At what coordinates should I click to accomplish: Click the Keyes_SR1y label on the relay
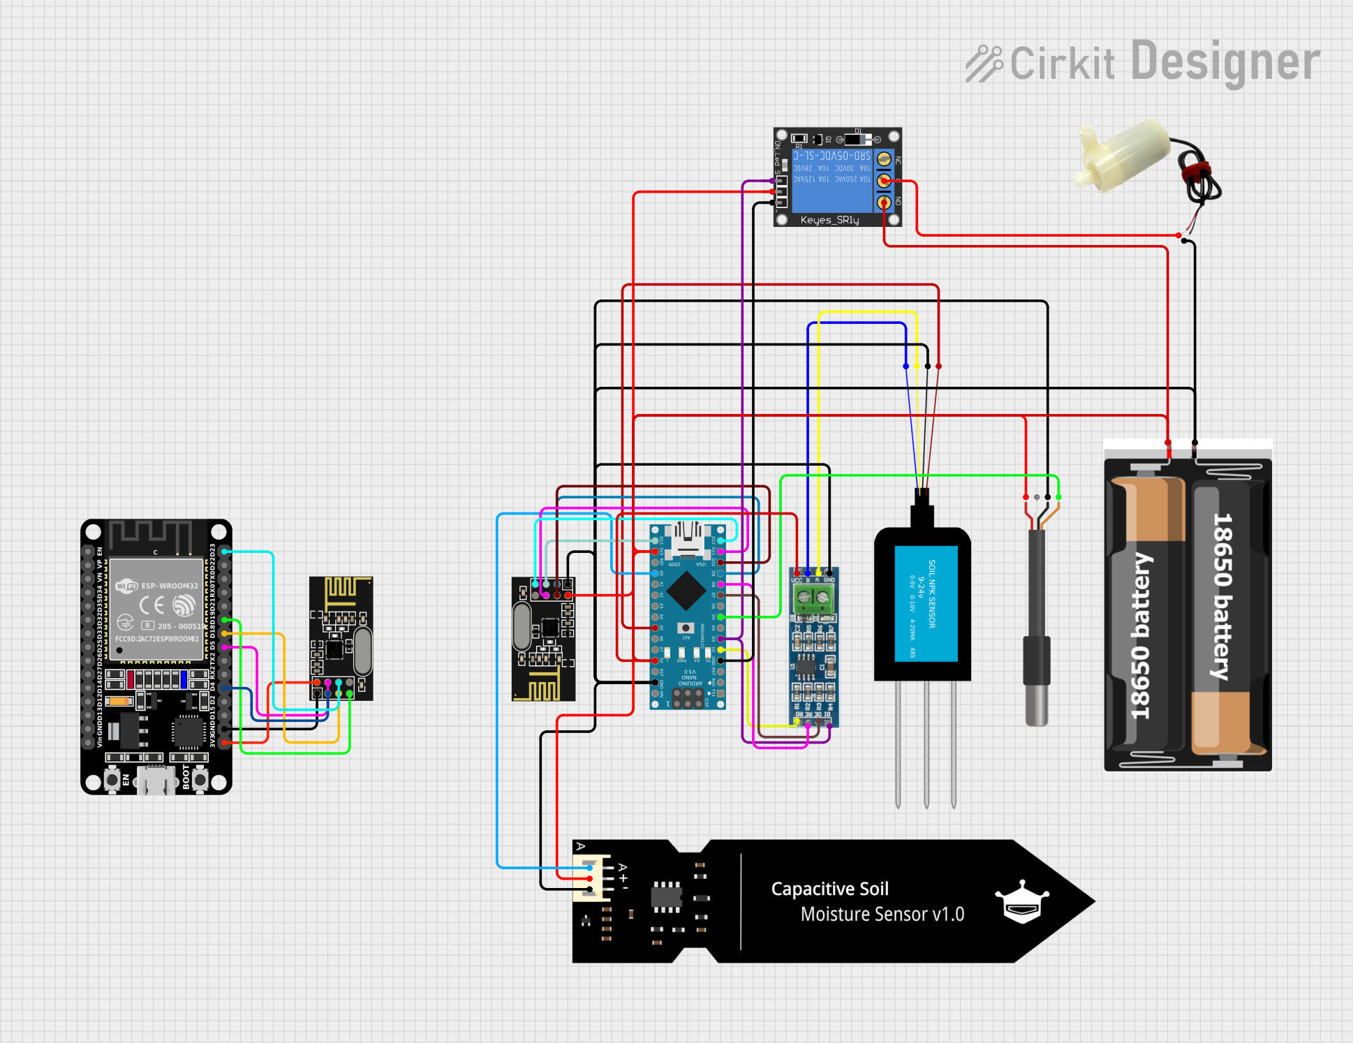(829, 220)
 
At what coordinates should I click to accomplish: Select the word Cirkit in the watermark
(1062, 64)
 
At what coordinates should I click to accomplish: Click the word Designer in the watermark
(1225, 62)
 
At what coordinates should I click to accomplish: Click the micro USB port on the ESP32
(156, 780)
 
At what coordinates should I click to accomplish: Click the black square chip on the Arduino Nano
(687, 591)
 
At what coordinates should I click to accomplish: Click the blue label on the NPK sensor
(926, 604)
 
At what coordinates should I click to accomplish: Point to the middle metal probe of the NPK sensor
(926, 744)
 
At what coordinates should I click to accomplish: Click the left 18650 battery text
(1141, 635)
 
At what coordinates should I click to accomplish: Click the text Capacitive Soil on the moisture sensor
(829, 889)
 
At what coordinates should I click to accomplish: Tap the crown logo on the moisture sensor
(1022, 901)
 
